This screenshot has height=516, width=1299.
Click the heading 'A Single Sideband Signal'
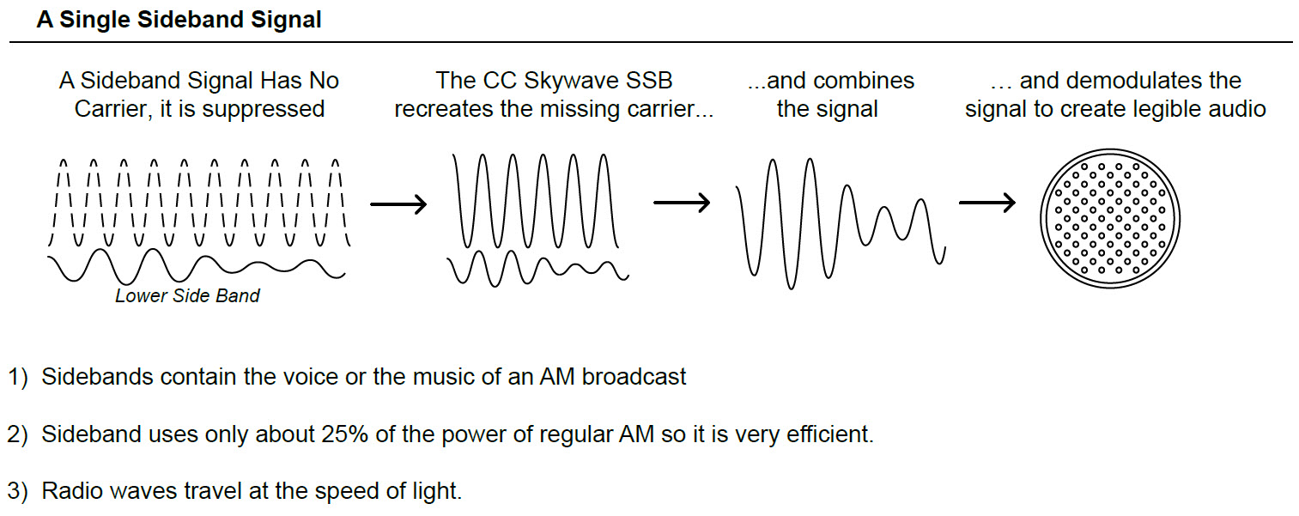(x=179, y=20)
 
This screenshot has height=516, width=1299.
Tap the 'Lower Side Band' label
(x=187, y=296)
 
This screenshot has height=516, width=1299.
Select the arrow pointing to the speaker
(x=986, y=203)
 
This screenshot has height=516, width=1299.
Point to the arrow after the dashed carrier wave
(x=398, y=204)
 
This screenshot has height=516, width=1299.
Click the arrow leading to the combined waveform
(x=681, y=203)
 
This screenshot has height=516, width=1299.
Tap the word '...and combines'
(x=831, y=81)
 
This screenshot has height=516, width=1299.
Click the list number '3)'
(x=19, y=492)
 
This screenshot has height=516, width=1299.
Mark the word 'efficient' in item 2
(x=824, y=434)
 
